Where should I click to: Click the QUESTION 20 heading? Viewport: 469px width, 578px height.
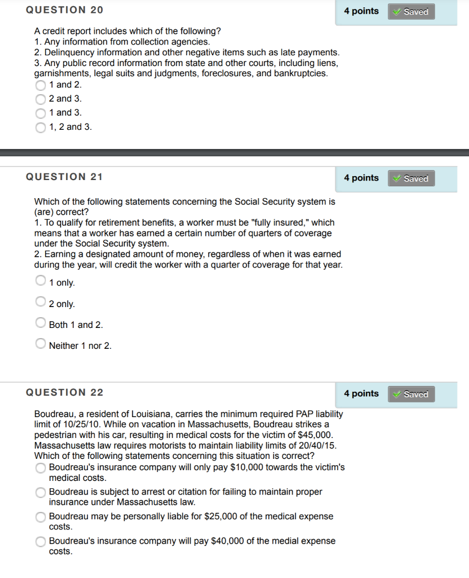pyautogui.click(x=64, y=10)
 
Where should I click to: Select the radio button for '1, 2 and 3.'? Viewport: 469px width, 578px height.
pyautogui.click(x=41, y=128)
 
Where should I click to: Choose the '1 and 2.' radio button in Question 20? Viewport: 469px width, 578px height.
pyautogui.click(x=41, y=85)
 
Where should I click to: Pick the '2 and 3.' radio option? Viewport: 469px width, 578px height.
pyautogui.click(x=41, y=99)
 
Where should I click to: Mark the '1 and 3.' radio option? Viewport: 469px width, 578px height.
pyautogui.click(x=41, y=113)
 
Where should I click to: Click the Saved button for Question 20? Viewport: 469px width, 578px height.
pyautogui.click(x=411, y=11)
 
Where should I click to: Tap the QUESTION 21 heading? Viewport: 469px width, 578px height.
pyautogui.click(x=64, y=177)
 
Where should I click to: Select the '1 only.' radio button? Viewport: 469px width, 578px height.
pyautogui.click(x=41, y=281)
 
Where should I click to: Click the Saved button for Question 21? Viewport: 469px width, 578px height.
pyautogui.click(x=411, y=178)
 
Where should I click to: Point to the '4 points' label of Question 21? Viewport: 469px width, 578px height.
pyautogui.click(x=361, y=178)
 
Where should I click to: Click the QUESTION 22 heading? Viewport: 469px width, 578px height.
pyautogui.click(x=64, y=393)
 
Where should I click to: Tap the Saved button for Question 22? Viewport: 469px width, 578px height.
pyautogui.click(x=411, y=394)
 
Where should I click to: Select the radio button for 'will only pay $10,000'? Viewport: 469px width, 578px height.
pyautogui.click(x=41, y=468)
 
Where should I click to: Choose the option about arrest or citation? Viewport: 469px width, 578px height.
pyautogui.click(x=41, y=493)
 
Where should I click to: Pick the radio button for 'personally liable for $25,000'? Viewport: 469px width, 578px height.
pyautogui.click(x=41, y=517)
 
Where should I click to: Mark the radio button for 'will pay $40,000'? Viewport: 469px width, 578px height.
pyautogui.click(x=41, y=542)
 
